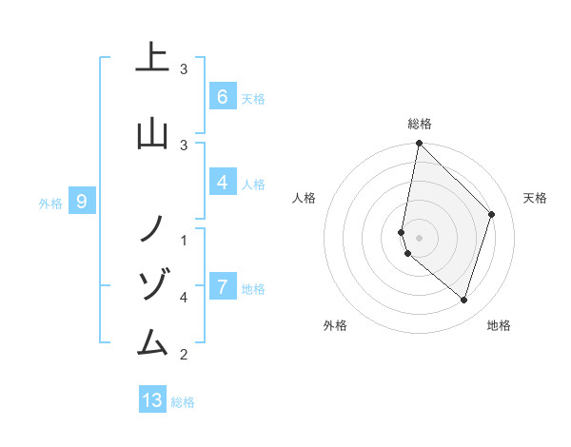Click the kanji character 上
(152, 58)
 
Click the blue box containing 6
(222, 96)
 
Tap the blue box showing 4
(222, 182)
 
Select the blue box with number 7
(222, 286)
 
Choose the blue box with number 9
(82, 201)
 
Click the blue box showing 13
(152, 400)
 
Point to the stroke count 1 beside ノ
(184, 240)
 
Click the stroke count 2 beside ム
(184, 355)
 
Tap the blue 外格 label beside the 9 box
(49, 203)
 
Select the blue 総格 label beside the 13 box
(183, 402)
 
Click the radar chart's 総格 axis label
(420, 124)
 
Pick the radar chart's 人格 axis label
(304, 198)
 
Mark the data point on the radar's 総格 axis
(419, 144)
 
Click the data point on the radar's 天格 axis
(492, 214)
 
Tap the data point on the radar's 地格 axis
(463, 301)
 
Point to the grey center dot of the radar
(419, 237)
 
